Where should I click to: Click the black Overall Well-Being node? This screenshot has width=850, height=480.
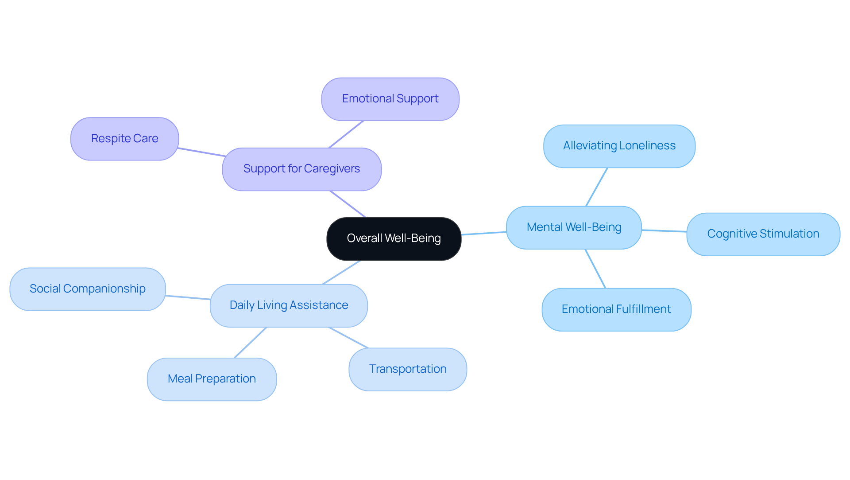coord(394,238)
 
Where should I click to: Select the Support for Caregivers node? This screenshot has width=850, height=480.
coord(301,169)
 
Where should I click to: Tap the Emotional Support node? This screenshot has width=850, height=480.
coord(390,99)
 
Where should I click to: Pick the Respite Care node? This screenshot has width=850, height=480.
coord(124,139)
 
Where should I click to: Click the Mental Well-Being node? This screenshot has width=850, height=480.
coord(574,227)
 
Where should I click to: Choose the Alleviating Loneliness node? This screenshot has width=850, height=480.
coord(619,146)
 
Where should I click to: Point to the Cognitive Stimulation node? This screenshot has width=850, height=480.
coord(763,234)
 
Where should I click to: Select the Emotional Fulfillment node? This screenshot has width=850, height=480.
coord(616,309)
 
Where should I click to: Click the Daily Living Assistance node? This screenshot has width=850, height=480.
coord(289,305)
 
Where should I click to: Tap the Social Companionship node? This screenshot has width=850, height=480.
coord(87,289)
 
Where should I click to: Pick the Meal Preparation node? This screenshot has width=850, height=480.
coord(212,379)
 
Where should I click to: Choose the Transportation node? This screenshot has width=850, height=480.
coord(407,369)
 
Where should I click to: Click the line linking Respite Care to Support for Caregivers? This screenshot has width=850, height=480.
coord(201,152)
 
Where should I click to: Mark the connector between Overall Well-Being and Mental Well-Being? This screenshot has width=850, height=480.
coord(483,233)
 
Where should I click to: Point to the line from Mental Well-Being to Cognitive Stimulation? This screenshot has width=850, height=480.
coord(664,230)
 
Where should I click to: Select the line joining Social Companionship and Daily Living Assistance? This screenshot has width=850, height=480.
coord(188,297)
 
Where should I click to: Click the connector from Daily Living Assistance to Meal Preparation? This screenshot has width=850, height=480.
coord(251,342)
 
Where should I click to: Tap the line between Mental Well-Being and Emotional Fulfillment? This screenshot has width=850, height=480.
coord(595,269)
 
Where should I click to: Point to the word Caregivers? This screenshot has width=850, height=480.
coord(332,169)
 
